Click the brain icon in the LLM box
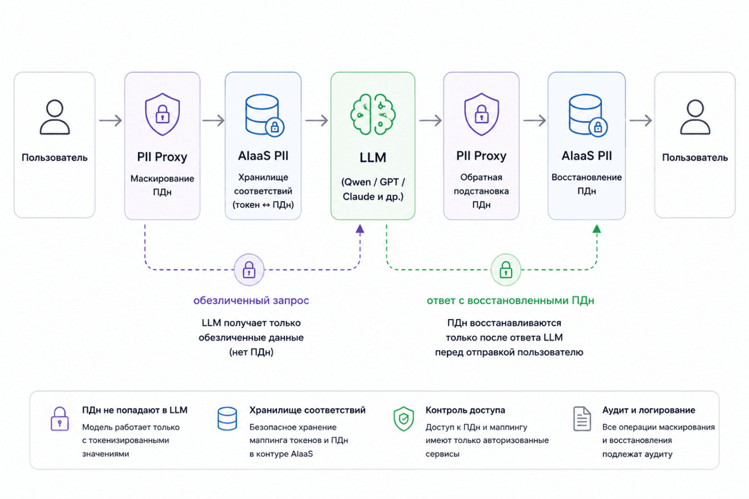coord(373,114)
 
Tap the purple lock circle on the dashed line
coord(249,269)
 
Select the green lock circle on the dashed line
coord(505,269)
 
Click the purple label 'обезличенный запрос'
coord(251,300)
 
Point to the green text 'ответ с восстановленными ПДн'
coord(510,300)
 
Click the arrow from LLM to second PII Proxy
coord(430,120)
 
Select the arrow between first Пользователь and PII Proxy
coord(111,120)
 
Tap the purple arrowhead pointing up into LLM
coord(360,229)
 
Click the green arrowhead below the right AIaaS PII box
coord(597,229)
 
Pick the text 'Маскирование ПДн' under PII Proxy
coord(162,185)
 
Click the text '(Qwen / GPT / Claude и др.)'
coord(373,189)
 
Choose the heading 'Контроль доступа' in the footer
coord(465,410)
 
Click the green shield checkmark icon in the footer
coord(403,419)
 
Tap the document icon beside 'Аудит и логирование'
coord(582,419)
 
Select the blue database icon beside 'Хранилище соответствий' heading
coord(227,419)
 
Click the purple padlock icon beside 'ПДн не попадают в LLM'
coord(59,419)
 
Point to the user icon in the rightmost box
coord(695,117)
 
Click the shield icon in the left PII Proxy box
coord(162,114)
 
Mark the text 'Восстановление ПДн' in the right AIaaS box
coord(586,184)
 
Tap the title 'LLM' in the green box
coord(373,157)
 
